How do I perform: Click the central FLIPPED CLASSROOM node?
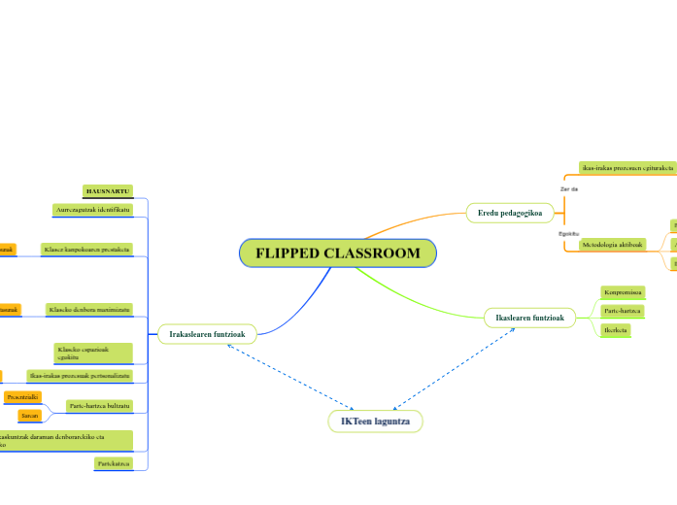coord(338,253)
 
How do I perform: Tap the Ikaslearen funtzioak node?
coord(530,317)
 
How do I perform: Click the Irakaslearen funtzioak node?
coord(207,334)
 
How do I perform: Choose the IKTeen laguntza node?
coord(375,421)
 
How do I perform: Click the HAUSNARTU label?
coord(107,191)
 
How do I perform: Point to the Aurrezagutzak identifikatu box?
coord(100,210)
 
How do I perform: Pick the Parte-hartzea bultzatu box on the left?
coord(98,405)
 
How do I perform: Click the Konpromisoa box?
coord(622,291)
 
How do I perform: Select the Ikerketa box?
coord(615,330)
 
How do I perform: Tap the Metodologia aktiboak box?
coord(613,245)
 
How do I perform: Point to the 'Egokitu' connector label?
coord(569,233)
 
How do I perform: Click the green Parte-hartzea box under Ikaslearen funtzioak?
coord(622,311)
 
